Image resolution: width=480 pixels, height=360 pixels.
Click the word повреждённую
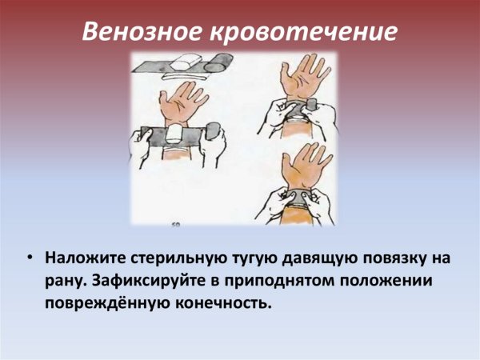pos(98,304)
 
